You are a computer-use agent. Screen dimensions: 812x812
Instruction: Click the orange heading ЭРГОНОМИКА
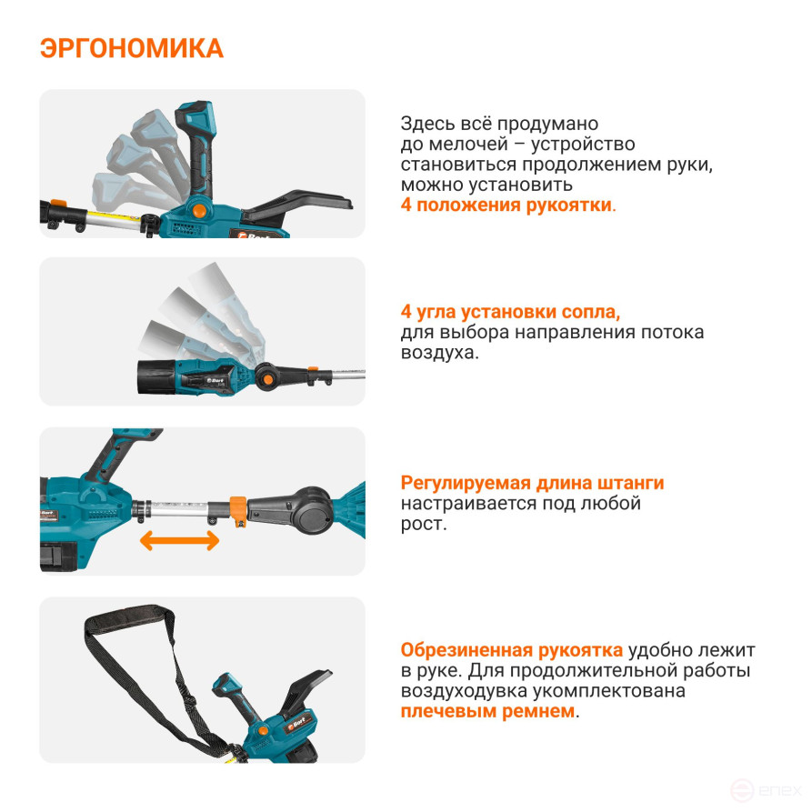point(132,49)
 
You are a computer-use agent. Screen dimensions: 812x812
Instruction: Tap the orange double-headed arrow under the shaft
point(179,541)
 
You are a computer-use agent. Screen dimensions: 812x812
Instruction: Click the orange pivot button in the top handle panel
point(198,211)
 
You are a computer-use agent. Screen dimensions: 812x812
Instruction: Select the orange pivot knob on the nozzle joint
point(267,379)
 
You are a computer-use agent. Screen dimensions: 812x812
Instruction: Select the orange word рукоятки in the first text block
point(568,206)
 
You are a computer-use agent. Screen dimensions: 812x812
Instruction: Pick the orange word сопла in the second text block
point(594,312)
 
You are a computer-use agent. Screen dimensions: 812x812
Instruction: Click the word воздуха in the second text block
point(439,353)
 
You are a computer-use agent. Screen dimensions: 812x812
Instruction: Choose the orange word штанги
point(631,483)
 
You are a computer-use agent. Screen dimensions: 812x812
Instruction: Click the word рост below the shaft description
point(423,524)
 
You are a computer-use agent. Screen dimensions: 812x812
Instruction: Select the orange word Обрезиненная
point(466,650)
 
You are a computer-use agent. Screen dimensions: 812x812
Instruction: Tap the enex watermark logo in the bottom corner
point(766,791)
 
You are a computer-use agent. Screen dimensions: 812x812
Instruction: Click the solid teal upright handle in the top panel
point(195,149)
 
